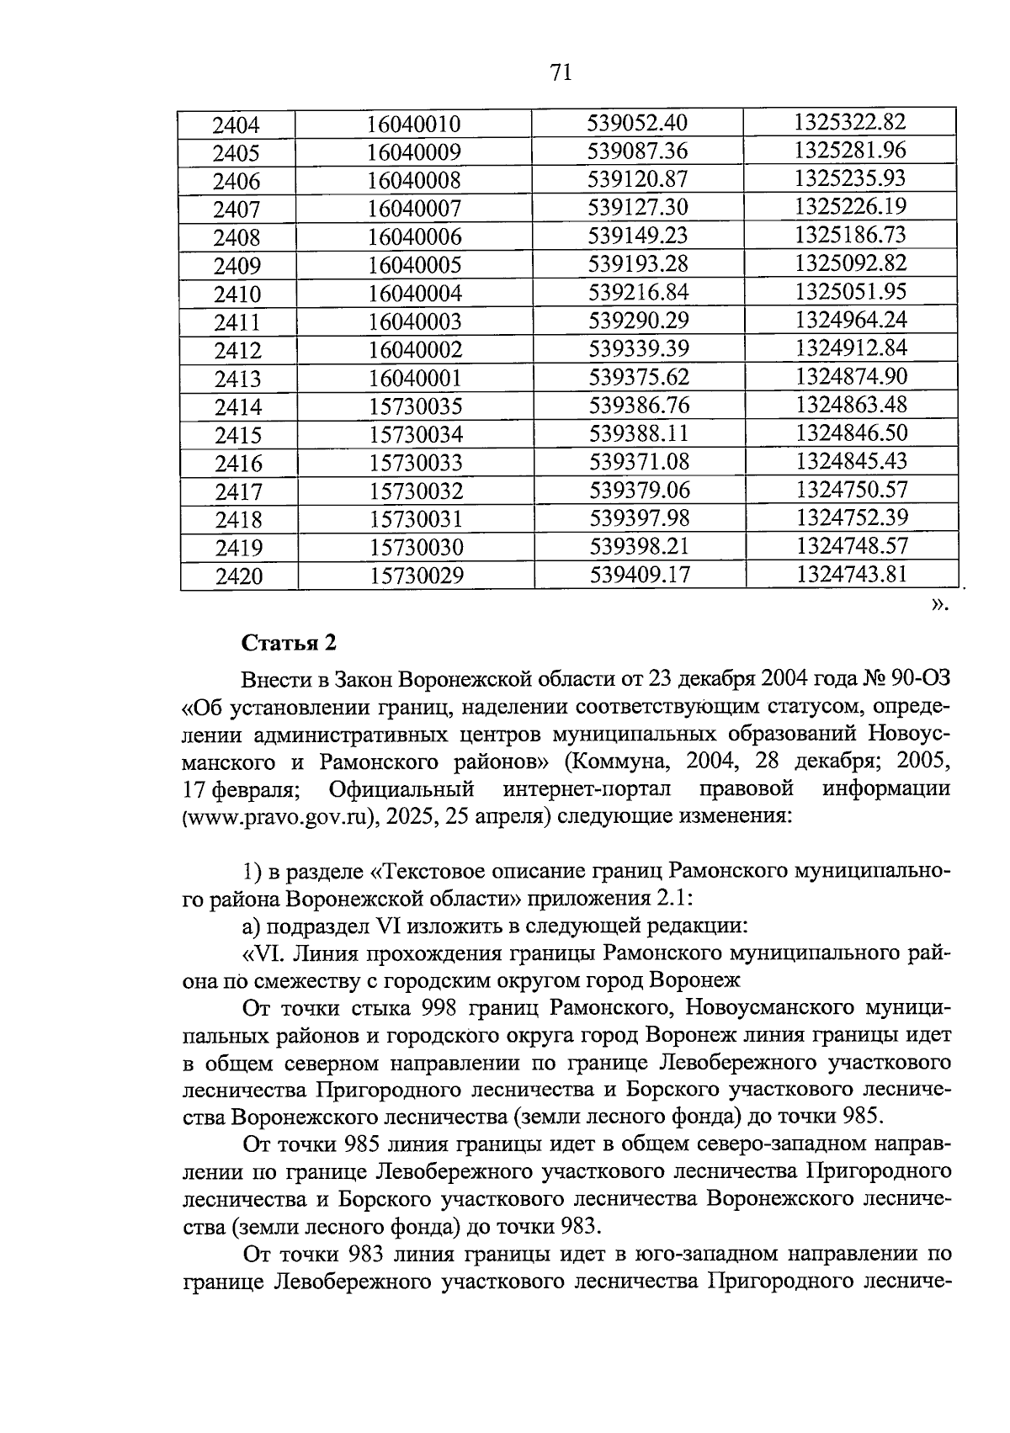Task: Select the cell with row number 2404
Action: [x=237, y=125]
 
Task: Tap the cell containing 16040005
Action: [x=415, y=266]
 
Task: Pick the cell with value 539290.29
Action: [x=638, y=321]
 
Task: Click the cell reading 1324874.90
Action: [x=851, y=377]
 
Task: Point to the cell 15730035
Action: [x=416, y=407]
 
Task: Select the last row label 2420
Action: [x=238, y=576]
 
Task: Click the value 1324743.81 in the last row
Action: [x=852, y=575]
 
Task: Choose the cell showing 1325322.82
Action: [x=850, y=122]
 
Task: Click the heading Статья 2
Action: [x=289, y=643]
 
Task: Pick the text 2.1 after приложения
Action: [x=672, y=898]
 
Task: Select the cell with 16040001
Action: [x=415, y=379]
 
